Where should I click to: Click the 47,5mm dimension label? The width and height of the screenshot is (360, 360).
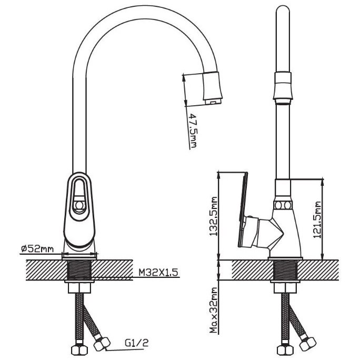[193, 131]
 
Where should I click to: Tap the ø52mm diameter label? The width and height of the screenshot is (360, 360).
[37, 248]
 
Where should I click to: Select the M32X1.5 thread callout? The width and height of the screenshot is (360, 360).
[158, 272]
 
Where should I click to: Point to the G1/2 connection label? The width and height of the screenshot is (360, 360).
[137, 343]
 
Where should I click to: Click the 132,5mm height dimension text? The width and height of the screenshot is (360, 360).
[214, 216]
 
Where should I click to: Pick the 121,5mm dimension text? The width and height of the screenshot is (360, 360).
[317, 219]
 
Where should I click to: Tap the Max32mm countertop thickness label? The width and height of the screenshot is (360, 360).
[214, 310]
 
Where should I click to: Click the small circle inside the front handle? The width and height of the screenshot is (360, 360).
[79, 205]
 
